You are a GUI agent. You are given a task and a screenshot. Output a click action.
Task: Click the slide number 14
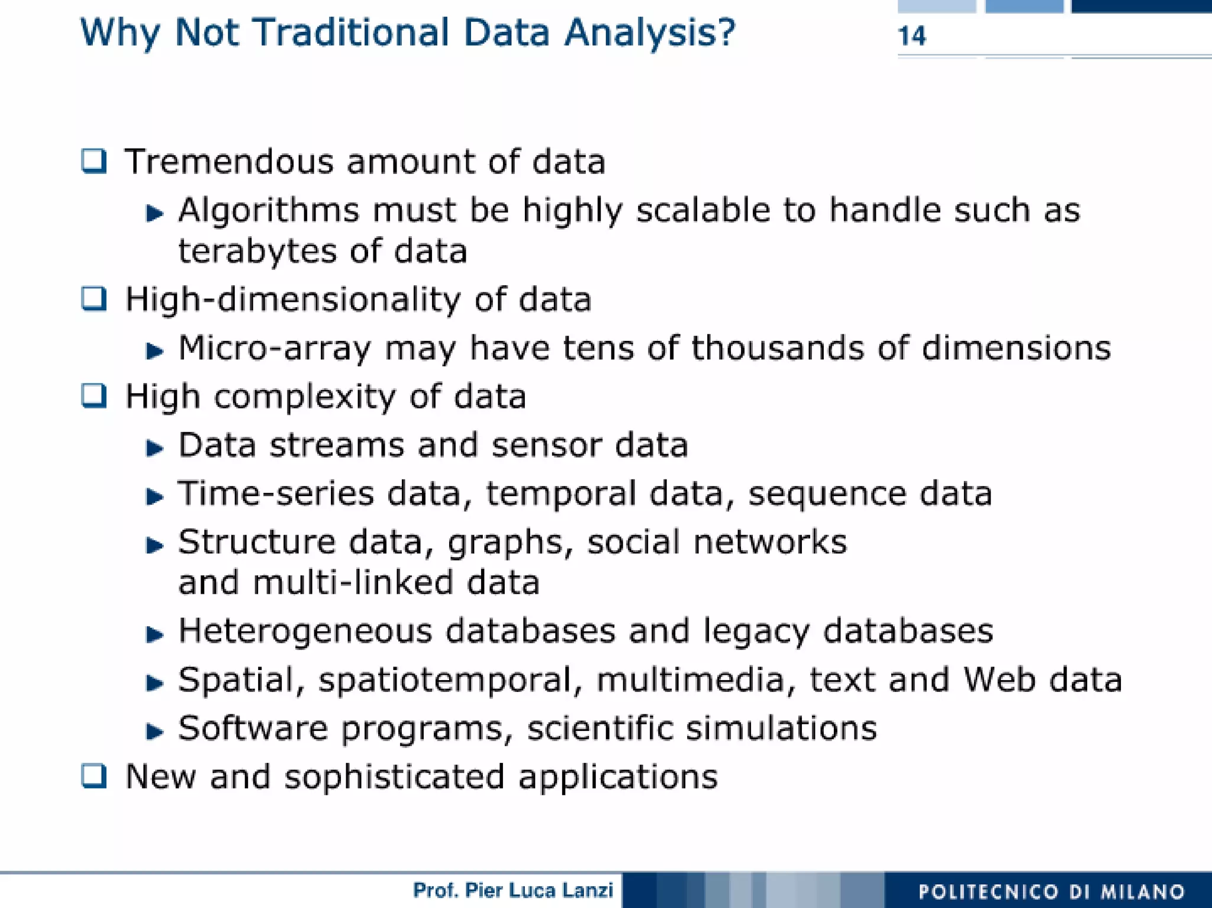(911, 36)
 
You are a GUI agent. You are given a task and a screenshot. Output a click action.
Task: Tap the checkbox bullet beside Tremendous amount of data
(94, 161)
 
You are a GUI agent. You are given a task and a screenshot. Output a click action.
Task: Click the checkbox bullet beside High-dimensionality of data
(94, 299)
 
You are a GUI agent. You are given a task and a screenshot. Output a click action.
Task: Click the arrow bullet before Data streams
(154, 447)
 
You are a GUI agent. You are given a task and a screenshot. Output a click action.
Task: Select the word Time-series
(276, 494)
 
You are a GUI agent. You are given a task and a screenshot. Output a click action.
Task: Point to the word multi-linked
(352, 582)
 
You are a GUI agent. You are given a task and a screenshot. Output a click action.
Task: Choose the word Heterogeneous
(305, 632)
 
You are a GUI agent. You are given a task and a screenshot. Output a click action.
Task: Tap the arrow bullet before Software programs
(154, 731)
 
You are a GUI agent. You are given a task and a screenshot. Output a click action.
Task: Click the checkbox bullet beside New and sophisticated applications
(94, 776)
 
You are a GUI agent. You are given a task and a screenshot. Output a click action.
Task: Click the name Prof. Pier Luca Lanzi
(512, 890)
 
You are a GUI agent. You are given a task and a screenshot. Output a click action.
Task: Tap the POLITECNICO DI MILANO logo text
(1051, 891)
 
